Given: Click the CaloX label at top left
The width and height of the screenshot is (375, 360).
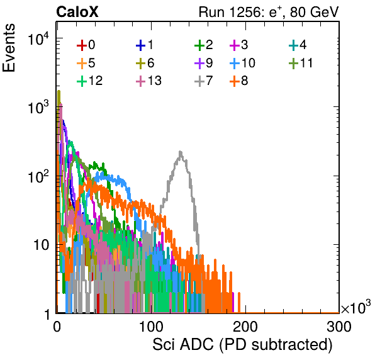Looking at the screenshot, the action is tap(77, 12).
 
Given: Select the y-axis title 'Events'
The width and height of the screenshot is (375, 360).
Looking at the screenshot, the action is tap(9, 48).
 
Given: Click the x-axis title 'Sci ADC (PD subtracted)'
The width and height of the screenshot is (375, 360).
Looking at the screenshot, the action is tap(242, 345).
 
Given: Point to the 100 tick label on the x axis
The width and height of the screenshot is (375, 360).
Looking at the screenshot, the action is tap(151, 327).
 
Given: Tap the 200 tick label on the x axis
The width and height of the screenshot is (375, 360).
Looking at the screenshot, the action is tap(245, 327).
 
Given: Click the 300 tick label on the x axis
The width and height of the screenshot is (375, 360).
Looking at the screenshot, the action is tap(339, 327).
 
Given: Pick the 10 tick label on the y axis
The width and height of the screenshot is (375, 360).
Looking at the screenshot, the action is tap(42, 245).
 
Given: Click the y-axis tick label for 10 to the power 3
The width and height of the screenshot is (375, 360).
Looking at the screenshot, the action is tap(38, 106).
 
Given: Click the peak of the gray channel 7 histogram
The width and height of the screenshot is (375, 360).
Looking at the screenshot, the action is tap(181, 152).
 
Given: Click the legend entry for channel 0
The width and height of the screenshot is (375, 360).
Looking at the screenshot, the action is tap(86, 45).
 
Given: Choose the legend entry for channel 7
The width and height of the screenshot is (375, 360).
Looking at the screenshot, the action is tap(204, 81).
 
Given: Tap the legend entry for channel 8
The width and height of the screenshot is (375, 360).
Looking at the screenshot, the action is tap(239, 81).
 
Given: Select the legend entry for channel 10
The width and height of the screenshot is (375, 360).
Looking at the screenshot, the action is tap(242, 63).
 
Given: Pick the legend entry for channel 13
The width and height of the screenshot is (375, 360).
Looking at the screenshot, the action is tap(148, 81).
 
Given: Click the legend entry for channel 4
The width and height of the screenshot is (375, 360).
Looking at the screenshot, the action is tap(298, 45).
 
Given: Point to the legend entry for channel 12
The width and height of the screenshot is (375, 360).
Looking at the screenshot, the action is tap(90, 81).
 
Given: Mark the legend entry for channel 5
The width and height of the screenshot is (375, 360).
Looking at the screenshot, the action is tap(86, 63).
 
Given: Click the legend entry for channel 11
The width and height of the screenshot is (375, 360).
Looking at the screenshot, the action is tap(301, 63).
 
